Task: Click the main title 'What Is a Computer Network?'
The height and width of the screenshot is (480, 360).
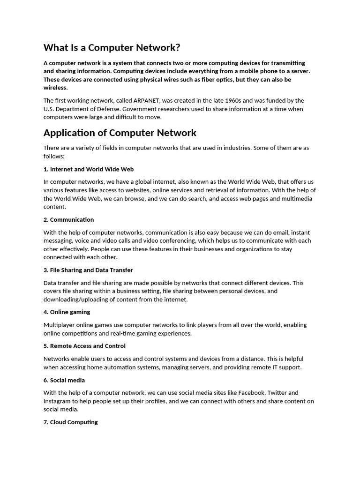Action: pos(112,47)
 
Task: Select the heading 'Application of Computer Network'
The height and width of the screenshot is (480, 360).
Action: pos(120,133)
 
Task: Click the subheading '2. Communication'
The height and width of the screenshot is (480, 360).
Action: pos(68,219)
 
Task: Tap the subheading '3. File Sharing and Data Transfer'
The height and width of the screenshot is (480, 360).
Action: pos(88,270)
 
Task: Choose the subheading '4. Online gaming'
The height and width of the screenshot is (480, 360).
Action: pos(67,312)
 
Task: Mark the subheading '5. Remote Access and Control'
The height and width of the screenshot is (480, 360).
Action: pos(84,346)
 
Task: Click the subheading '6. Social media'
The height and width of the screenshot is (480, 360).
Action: pos(64,380)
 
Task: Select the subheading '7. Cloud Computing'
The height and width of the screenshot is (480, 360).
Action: pos(71,422)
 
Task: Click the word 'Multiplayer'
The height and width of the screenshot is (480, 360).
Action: pos(60,325)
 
